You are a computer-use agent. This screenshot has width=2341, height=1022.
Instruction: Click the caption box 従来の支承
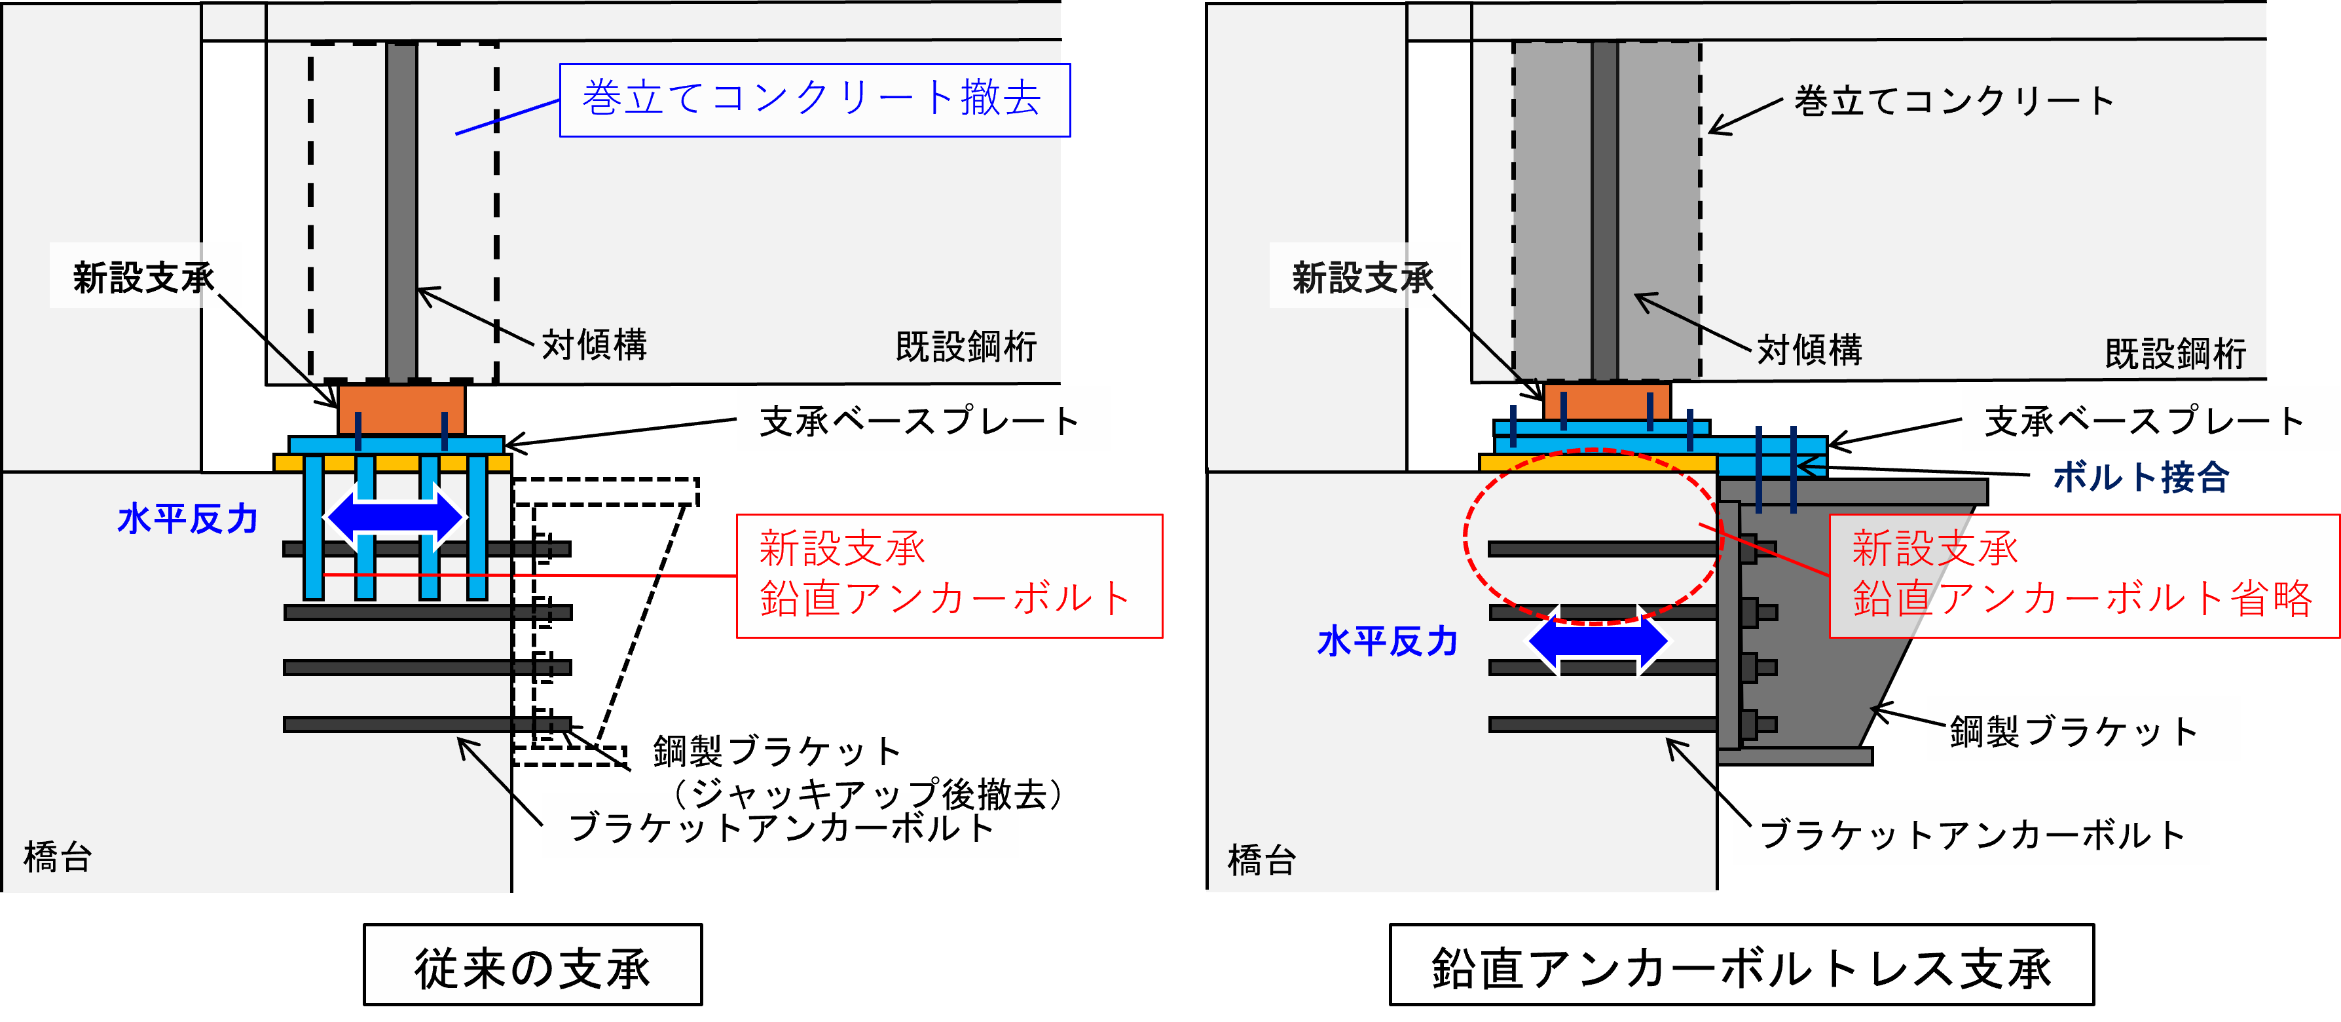(x=532, y=965)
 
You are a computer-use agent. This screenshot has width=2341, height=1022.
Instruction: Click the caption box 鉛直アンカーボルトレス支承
(x=1741, y=965)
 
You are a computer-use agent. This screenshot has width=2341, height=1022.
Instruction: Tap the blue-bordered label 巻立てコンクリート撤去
(x=814, y=100)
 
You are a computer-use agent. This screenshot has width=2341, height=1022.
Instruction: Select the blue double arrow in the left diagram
(x=396, y=518)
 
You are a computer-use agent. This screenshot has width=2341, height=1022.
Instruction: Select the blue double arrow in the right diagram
(x=1598, y=641)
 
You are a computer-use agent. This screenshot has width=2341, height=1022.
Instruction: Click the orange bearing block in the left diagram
(x=401, y=409)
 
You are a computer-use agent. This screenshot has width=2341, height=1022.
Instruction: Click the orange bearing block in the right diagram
(x=1607, y=402)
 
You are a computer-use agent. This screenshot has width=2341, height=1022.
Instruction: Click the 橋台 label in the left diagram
(x=57, y=856)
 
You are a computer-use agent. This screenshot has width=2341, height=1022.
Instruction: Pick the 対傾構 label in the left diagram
(x=595, y=345)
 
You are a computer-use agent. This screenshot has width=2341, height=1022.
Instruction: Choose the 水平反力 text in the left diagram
(x=188, y=519)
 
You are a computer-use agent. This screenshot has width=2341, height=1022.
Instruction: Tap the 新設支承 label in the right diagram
(x=1362, y=277)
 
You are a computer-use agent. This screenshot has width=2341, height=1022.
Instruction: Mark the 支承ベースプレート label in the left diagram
(x=919, y=421)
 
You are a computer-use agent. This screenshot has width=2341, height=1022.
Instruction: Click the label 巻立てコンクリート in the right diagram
(x=1954, y=100)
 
